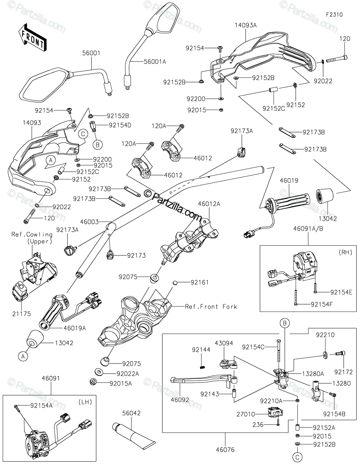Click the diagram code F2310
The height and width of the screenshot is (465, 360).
click(334, 14)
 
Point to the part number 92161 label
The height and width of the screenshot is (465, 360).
click(200, 282)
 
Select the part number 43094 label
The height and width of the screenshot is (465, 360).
click(227, 343)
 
